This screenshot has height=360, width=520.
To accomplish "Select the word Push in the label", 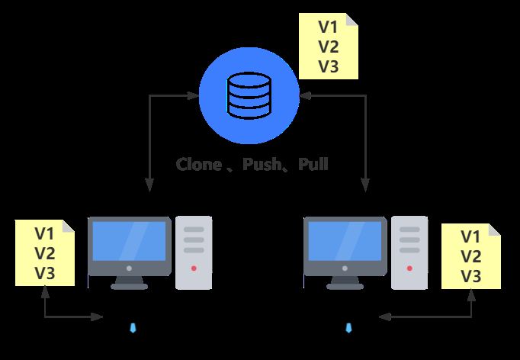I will click(x=262, y=164).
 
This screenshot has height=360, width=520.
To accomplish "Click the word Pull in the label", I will click(x=313, y=164).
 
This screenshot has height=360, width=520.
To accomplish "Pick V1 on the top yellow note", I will click(x=328, y=27).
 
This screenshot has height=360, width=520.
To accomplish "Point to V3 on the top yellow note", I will click(x=328, y=66).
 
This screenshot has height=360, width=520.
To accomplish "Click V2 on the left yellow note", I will click(x=45, y=253).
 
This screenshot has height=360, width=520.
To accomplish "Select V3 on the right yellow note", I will click(x=471, y=276).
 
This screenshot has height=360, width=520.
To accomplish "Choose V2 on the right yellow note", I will click(x=471, y=256).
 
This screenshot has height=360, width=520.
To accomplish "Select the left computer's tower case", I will click(x=194, y=252).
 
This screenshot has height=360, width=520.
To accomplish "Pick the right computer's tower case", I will click(x=409, y=252).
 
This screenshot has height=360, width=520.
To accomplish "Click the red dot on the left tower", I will click(x=194, y=268).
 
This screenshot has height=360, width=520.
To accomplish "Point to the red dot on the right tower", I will click(x=409, y=268).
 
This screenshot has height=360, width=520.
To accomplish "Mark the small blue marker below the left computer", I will click(x=133, y=328).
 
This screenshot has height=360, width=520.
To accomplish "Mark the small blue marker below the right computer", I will click(x=348, y=328).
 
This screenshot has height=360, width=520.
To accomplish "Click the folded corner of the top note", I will click(x=352, y=19).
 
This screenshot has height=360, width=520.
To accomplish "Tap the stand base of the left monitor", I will click(x=129, y=286).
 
